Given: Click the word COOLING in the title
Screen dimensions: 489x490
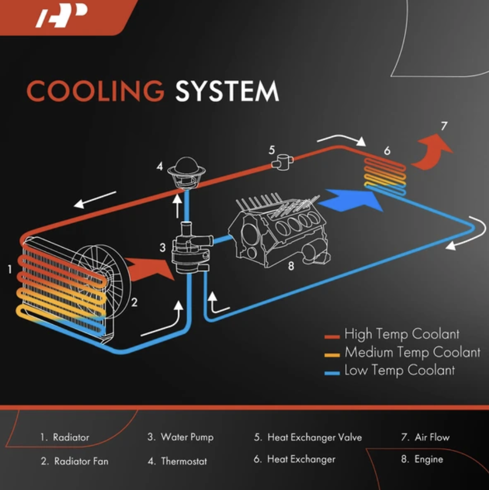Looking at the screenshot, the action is (x=95, y=91).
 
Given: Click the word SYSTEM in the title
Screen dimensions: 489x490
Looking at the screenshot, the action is (x=227, y=91).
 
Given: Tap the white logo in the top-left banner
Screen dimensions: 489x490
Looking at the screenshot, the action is (x=62, y=16).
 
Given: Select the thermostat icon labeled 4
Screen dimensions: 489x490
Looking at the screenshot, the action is (x=186, y=174).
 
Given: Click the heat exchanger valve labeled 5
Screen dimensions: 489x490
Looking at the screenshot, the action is (x=283, y=162).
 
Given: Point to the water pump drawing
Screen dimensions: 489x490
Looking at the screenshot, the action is (x=191, y=248).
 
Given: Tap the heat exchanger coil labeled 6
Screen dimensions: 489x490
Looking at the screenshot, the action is (x=385, y=176).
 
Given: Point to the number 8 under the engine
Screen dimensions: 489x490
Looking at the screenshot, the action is (x=291, y=266).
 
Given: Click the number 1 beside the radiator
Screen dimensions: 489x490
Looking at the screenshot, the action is (x=10, y=269).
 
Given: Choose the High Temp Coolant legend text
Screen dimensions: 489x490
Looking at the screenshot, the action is (x=402, y=334).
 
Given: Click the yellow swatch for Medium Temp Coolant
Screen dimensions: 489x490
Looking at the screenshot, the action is (x=332, y=355).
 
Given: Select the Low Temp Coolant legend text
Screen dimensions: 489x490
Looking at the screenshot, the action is (x=400, y=370).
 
